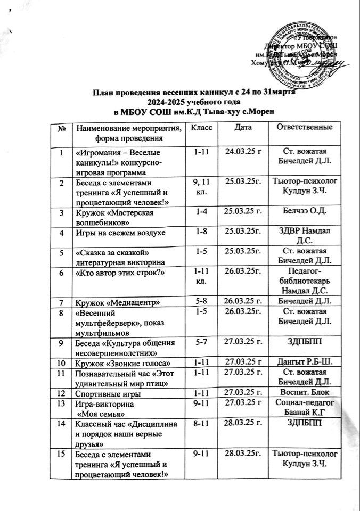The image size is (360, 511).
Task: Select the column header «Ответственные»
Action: point(302,128)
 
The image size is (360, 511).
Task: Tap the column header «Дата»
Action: point(244,129)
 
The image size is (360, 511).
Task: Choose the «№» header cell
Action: point(64,129)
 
